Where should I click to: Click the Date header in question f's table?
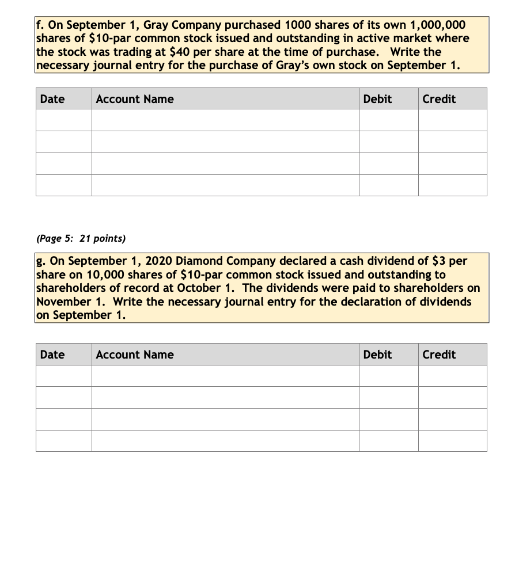52,99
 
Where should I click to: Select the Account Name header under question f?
134,99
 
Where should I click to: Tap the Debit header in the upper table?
377,99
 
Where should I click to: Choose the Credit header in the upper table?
439,99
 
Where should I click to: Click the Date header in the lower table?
52,355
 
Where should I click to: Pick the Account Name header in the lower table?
134,355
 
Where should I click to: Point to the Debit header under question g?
377,355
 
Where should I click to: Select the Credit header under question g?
439,355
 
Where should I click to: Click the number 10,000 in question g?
93,275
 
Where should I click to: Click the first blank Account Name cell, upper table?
225,120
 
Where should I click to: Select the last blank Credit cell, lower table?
452,441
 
